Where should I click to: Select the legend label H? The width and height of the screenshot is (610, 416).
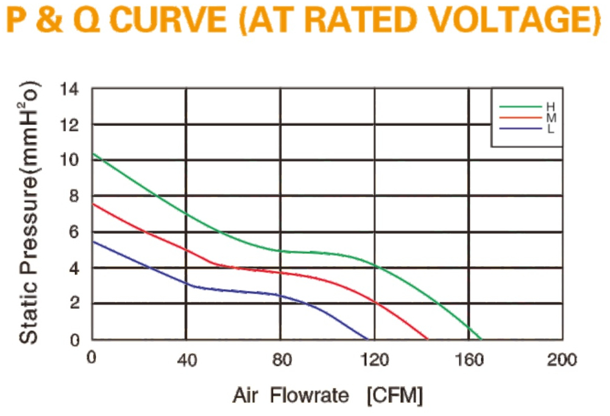551,107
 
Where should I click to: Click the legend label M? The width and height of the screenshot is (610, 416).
551,118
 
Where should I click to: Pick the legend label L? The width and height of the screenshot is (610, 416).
550,129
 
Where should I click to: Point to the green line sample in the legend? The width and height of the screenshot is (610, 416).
520,107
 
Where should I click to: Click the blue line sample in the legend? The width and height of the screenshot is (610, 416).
520,129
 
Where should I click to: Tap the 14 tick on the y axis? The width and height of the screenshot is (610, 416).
69,90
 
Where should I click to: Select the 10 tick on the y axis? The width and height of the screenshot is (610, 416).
69,160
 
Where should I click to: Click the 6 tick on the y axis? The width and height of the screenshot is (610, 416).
74,231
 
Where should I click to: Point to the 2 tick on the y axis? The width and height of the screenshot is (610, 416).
74,303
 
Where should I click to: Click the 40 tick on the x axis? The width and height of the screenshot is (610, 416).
186,361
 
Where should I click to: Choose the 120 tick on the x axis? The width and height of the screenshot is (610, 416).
375,359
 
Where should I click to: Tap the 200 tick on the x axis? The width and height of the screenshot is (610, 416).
562,359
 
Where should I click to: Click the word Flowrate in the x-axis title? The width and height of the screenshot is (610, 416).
310,396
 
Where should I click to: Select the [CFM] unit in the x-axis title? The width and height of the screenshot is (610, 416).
394,396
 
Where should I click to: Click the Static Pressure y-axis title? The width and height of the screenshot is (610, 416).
29,213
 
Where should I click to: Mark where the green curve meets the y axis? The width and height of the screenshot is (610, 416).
93,153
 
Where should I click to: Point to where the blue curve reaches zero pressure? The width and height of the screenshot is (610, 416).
367,339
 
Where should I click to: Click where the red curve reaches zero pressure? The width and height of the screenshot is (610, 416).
427,339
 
